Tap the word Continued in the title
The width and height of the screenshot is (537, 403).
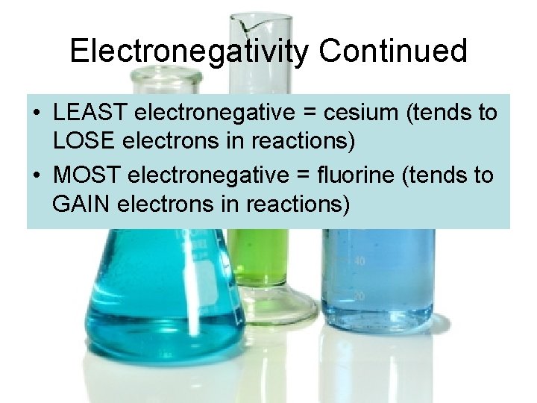pyautogui.click(x=393, y=51)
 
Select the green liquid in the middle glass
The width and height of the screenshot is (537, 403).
pyautogui.click(x=258, y=254)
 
